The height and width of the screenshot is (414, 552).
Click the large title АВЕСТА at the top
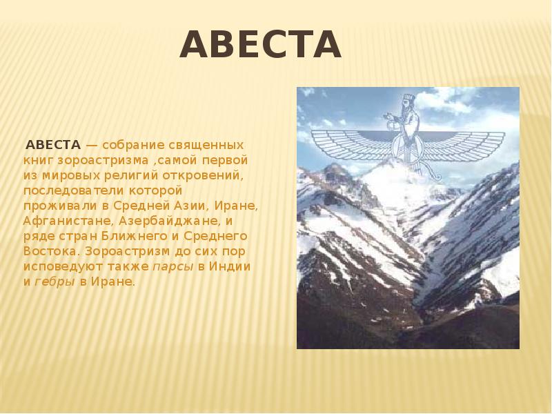click(261, 44)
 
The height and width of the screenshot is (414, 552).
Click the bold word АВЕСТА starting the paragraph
click(54, 145)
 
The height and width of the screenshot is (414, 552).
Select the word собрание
click(134, 145)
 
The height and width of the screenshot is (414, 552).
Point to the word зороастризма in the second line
click(103, 161)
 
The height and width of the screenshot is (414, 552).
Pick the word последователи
click(73, 191)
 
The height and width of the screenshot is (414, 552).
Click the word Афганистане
click(69, 221)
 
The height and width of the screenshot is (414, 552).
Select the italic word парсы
click(173, 267)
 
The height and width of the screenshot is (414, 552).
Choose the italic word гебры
click(55, 282)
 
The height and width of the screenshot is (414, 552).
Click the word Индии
click(230, 266)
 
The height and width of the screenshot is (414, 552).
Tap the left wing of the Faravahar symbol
click(353, 144)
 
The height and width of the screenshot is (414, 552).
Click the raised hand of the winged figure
click(388, 117)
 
